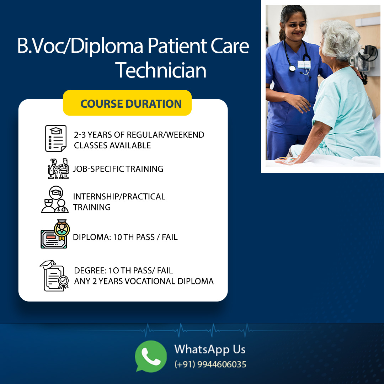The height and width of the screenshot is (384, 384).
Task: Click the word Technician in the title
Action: click(x=161, y=70)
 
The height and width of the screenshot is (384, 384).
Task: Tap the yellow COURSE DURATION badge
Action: click(x=127, y=103)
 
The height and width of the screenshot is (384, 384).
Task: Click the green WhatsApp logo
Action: click(x=151, y=356)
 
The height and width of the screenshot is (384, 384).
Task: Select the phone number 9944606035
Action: click(x=222, y=364)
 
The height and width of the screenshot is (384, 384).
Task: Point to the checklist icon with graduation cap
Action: click(x=56, y=138)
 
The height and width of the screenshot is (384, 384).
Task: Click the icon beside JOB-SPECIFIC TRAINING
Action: click(x=58, y=169)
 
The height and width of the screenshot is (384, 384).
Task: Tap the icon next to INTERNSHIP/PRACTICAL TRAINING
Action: click(x=55, y=199)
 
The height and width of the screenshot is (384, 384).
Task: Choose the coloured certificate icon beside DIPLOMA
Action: click(x=55, y=234)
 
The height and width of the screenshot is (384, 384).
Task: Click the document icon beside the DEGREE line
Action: click(x=54, y=276)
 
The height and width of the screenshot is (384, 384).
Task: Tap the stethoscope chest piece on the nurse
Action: click(x=292, y=68)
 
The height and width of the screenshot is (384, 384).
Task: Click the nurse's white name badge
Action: click(x=304, y=64)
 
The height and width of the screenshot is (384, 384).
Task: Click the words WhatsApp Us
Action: click(x=210, y=349)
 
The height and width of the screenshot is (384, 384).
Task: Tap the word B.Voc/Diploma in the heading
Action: click(x=80, y=47)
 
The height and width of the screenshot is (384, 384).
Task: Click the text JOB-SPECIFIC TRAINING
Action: click(x=118, y=169)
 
